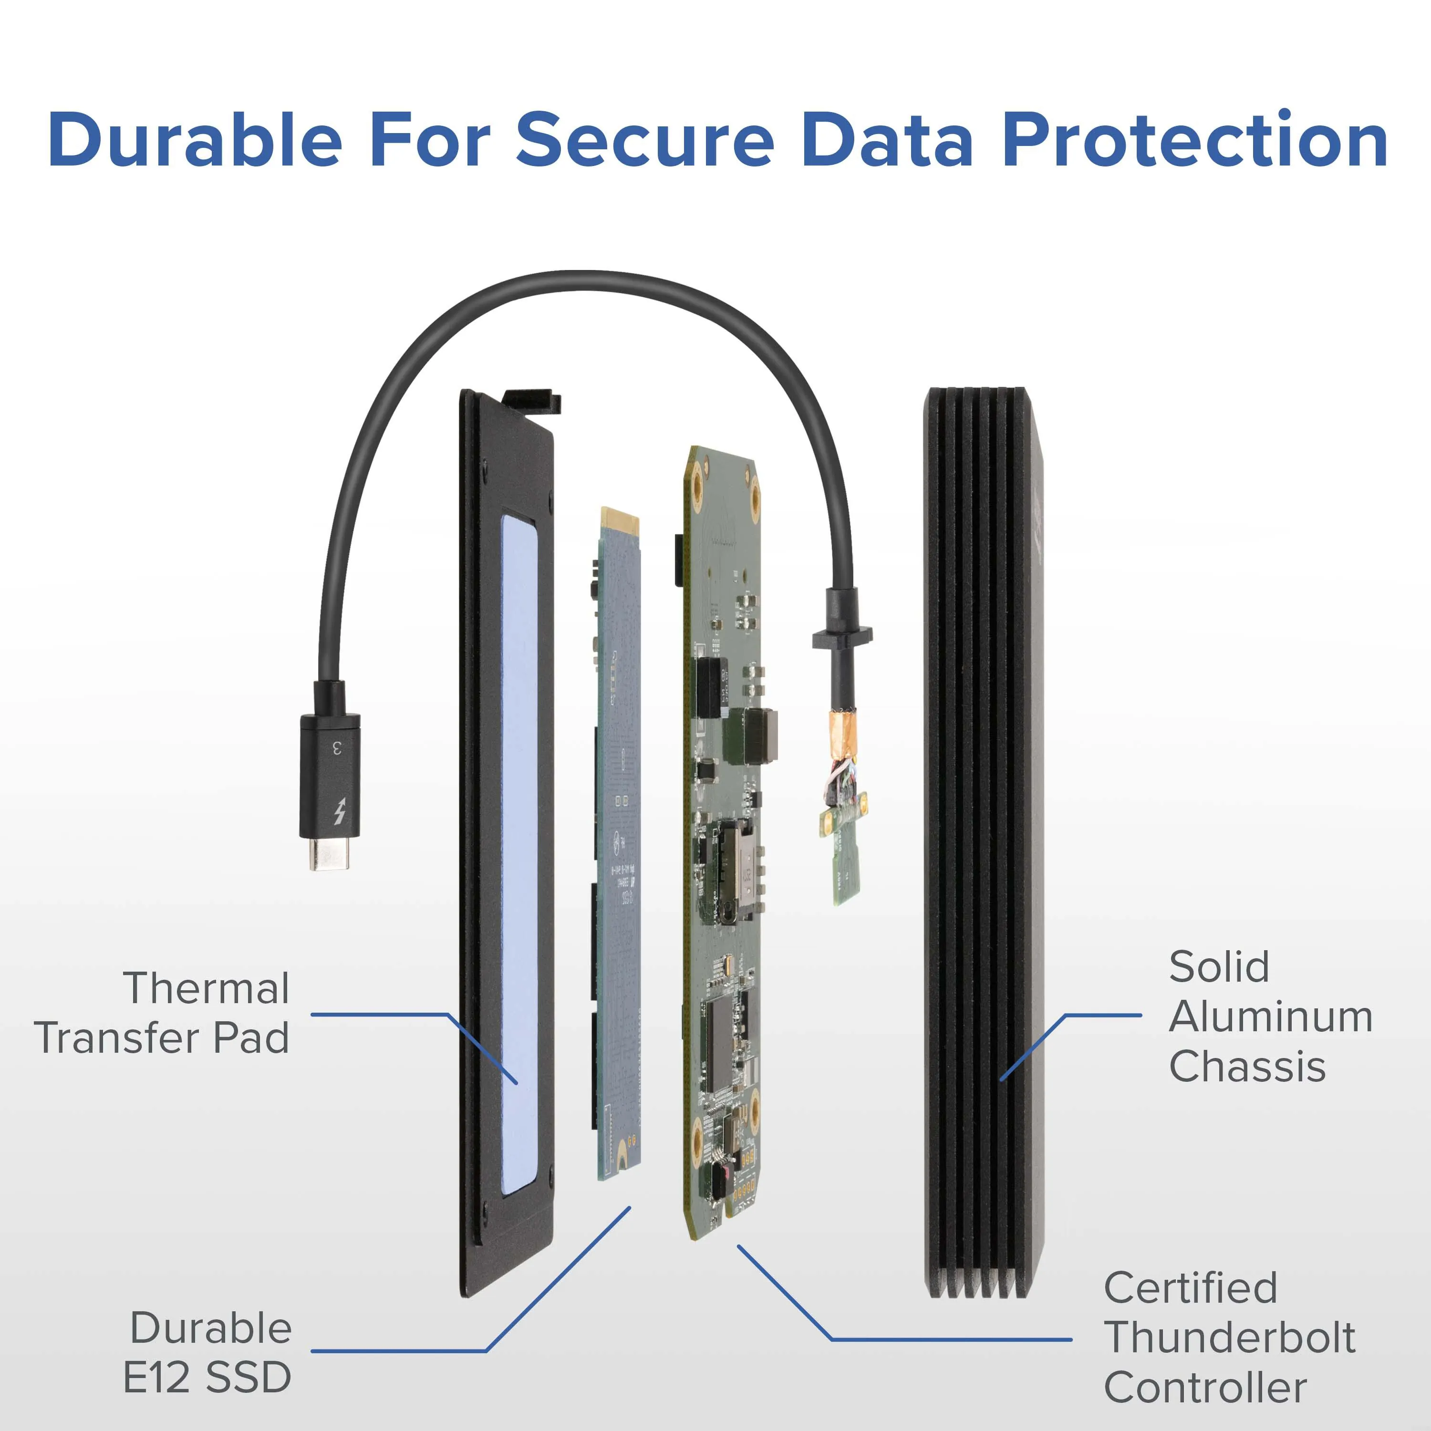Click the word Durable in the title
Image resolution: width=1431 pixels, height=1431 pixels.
pyautogui.click(x=195, y=141)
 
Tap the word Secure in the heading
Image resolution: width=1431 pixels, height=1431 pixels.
pyautogui.click(x=644, y=141)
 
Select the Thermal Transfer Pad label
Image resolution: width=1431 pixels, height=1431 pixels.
pyautogui.click(x=163, y=1013)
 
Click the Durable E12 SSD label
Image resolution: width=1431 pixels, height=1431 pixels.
pyautogui.click(x=209, y=1352)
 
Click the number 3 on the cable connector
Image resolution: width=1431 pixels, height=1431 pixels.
pyautogui.click(x=338, y=747)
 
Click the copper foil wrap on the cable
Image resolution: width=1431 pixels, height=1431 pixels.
pyautogui.click(x=842, y=733)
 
